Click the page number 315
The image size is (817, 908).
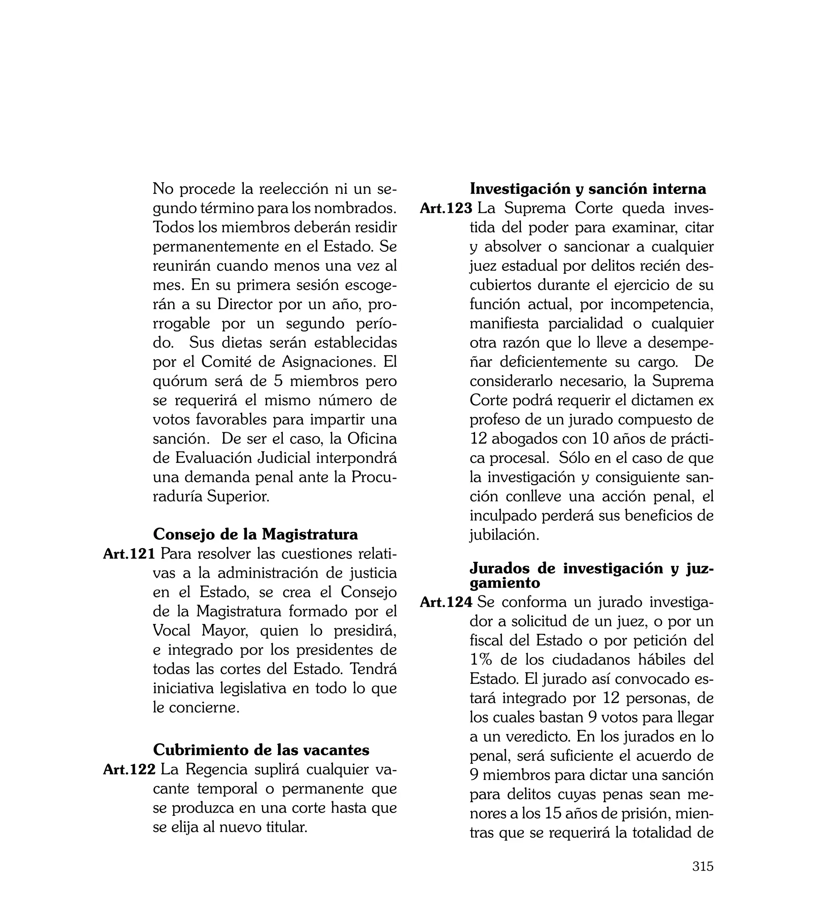pyautogui.click(x=703, y=866)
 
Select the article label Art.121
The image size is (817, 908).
pyautogui.click(x=129, y=554)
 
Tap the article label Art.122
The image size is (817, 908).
pyautogui.click(x=129, y=769)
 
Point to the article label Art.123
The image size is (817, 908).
pyautogui.click(x=446, y=208)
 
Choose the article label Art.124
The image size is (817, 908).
pyautogui.click(x=446, y=602)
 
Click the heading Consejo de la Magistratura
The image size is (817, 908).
pyautogui.click(x=255, y=534)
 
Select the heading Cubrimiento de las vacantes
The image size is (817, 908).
pyautogui.click(x=261, y=750)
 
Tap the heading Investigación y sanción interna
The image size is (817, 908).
pyautogui.click(x=588, y=189)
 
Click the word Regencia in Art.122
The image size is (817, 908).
pyautogui.click(x=216, y=769)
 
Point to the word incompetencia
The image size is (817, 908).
pyautogui.click(x=662, y=304)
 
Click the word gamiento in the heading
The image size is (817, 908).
pyautogui.click(x=505, y=583)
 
